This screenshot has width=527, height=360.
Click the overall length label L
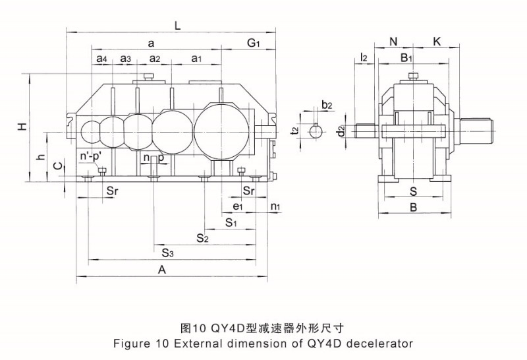tap(177, 26)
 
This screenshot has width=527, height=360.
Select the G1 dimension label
tap(254, 43)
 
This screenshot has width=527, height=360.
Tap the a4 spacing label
tap(102, 59)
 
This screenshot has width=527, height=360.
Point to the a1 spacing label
tap(196, 59)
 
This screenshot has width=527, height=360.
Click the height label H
tap(22, 126)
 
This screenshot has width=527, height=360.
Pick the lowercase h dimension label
tap(41, 156)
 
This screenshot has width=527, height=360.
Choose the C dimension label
tap(58, 165)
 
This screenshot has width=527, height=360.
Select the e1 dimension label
tap(238, 206)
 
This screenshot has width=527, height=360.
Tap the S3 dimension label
tap(168, 253)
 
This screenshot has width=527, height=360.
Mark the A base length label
tap(162, 270)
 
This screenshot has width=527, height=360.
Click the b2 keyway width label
tap(327, 105)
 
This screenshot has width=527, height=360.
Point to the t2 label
tap(294, 131)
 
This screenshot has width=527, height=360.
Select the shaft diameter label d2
tap(341, 131)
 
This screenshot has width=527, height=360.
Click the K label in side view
tap(437, 42)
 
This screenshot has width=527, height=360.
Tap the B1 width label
tap(406, 58)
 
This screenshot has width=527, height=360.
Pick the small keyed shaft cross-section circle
tap(316, 131)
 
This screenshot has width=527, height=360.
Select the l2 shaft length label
tap(364, 57)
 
